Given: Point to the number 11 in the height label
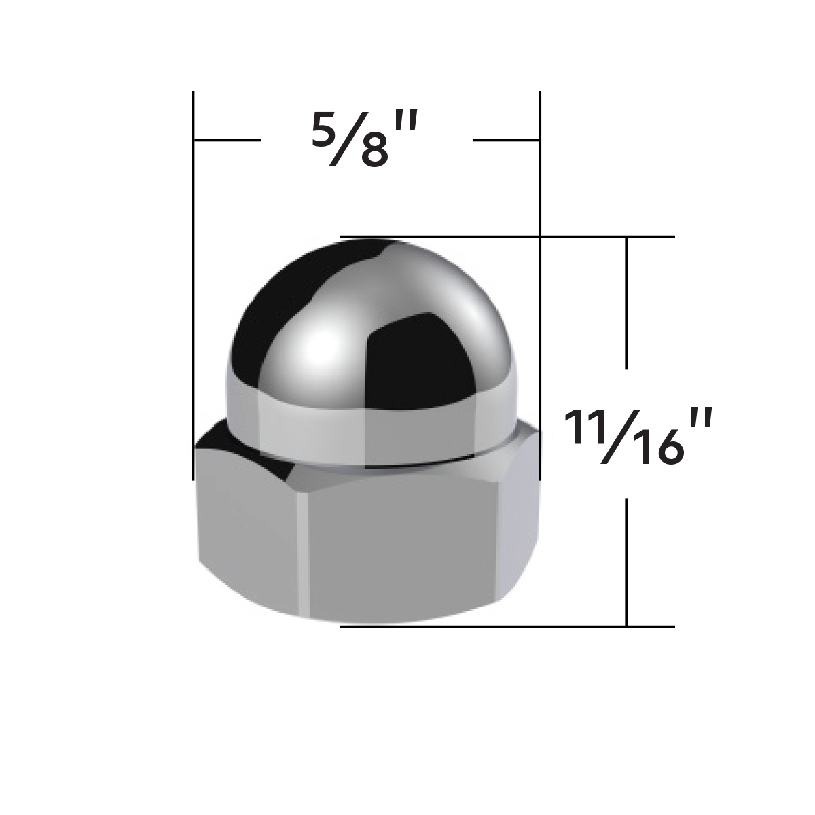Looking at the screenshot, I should pos(581,427).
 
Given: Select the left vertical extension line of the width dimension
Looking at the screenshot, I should pos(194,272).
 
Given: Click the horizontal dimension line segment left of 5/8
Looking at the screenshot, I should pos(228,140).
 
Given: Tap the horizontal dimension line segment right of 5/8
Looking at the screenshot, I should pos(506,140).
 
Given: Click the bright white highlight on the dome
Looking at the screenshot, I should pos(316,353).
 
